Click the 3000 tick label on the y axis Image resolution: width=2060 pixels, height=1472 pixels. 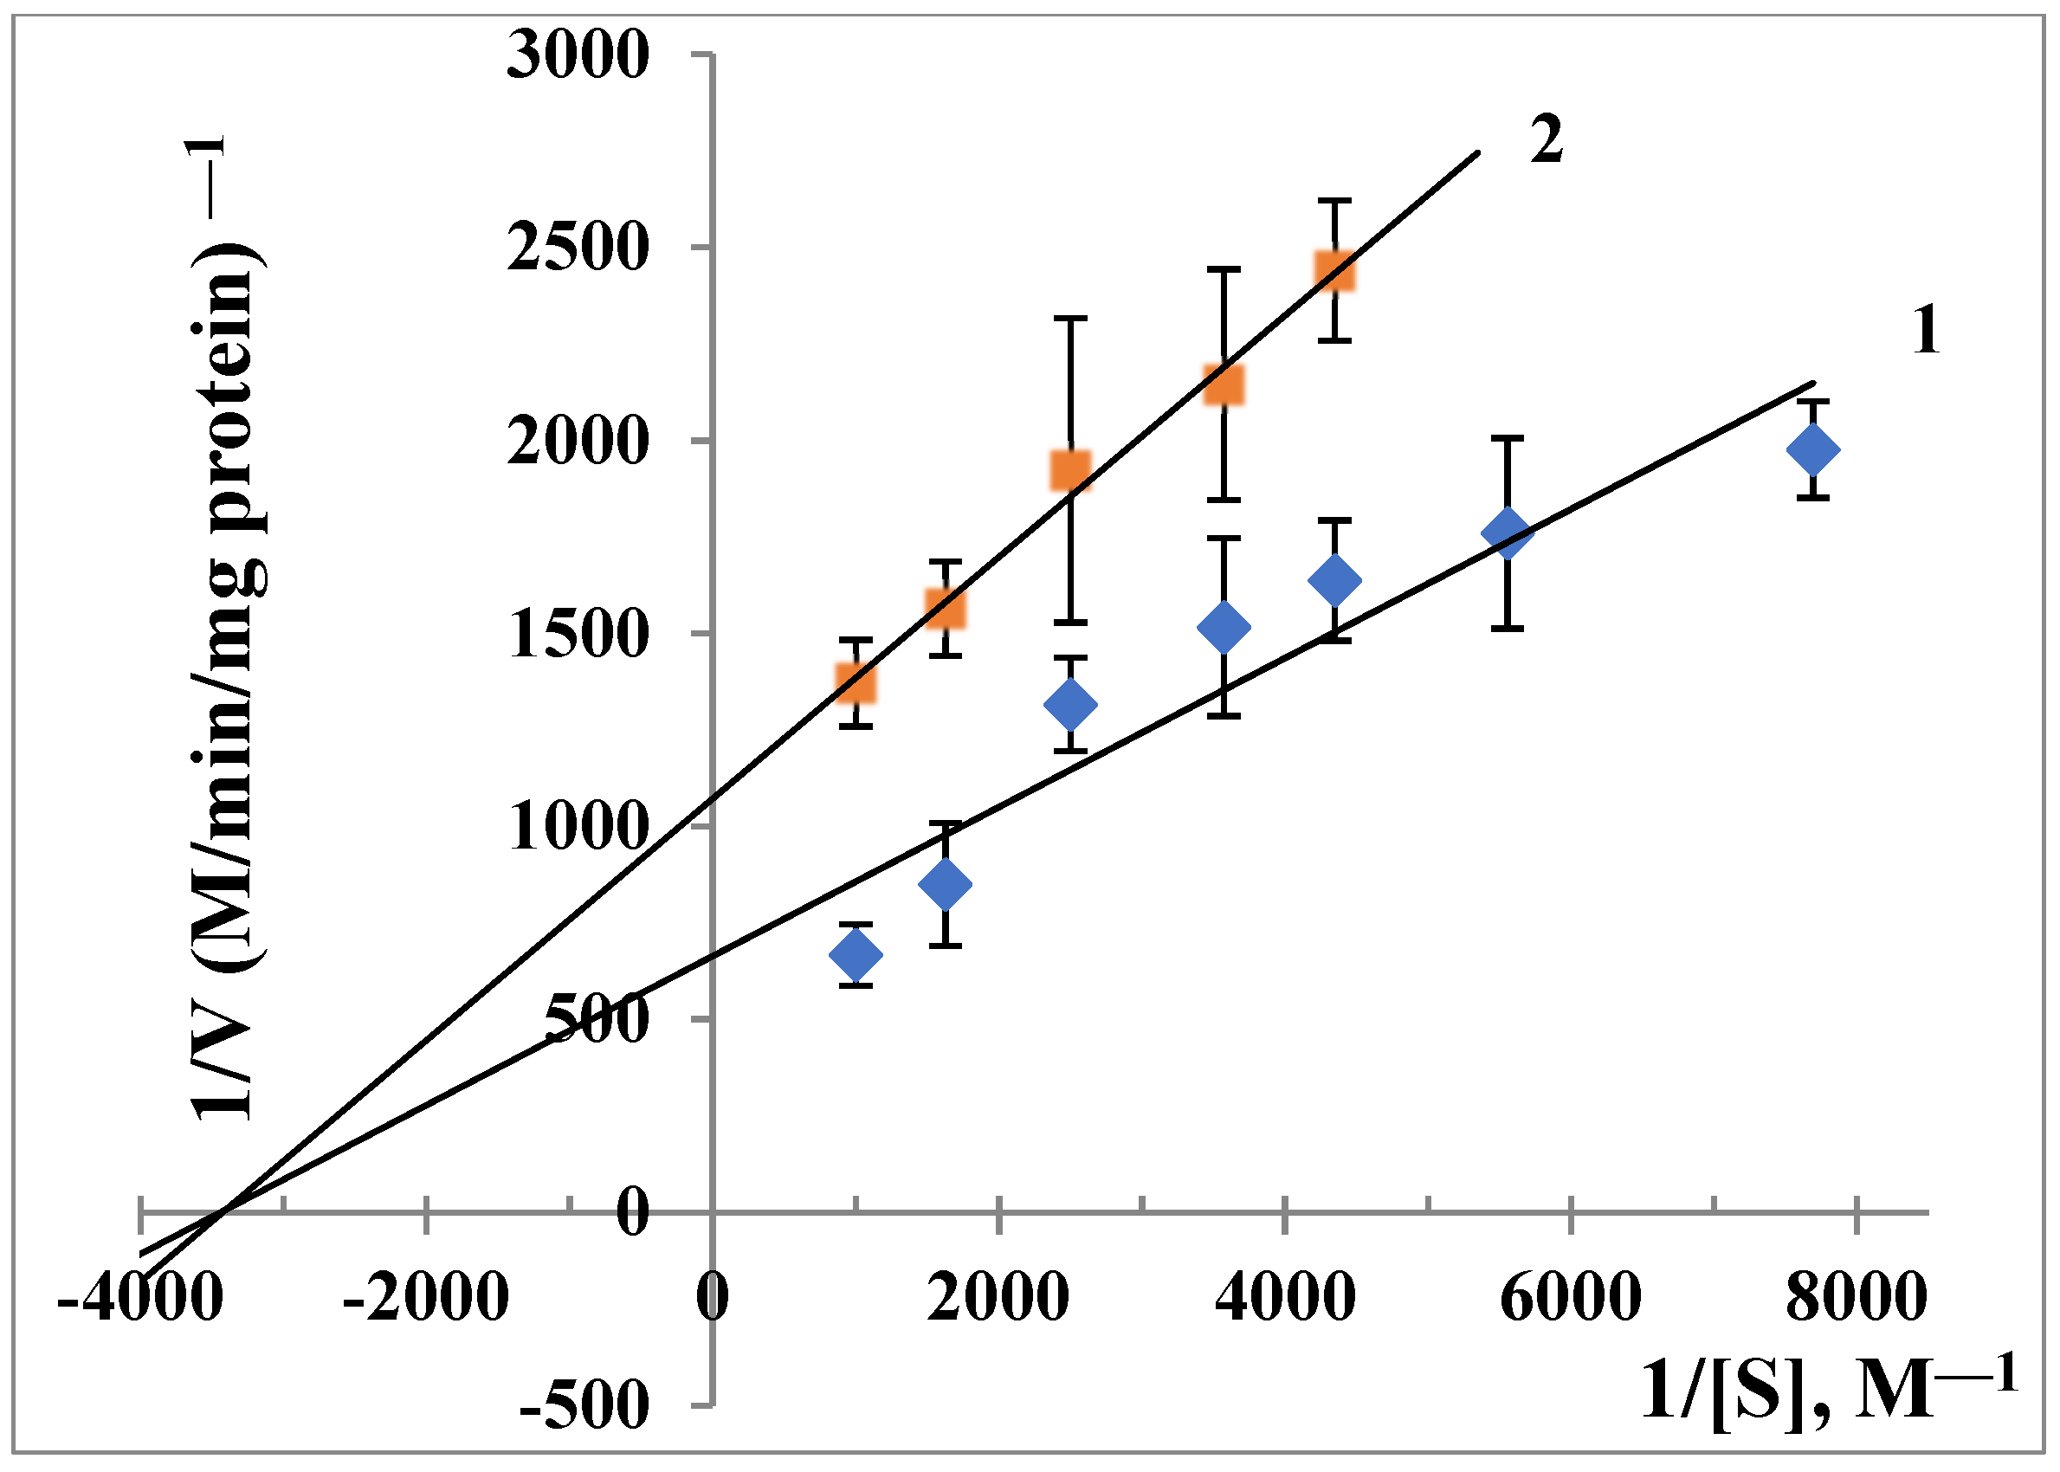pos(578,56)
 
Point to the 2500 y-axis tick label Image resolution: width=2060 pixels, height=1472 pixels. pos(578,249)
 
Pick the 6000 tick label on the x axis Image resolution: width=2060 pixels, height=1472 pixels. pos(1570,1298)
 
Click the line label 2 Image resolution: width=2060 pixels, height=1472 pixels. pos(1547,141)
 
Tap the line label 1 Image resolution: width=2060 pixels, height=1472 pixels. pos(1925,331)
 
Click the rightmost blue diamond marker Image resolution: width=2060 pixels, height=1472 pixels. pos(1812,450)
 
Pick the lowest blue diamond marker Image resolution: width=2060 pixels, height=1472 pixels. pos(856,954)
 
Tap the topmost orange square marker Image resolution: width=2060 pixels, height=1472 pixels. pos(1334,271)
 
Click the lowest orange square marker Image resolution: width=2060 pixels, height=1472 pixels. pos(856,683)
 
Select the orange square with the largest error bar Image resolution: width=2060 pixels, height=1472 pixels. pos(1070,470)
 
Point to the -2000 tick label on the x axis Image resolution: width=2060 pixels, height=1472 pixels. pos(425,1298)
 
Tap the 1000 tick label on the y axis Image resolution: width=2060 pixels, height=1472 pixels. pos(578,828)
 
